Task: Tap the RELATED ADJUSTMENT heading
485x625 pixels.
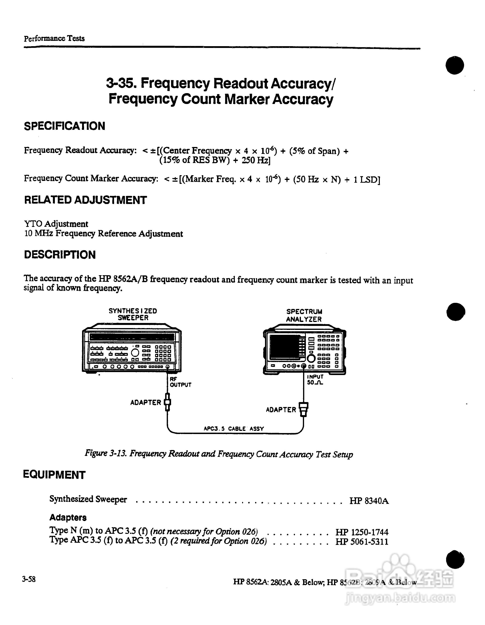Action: click(x=85, y=200)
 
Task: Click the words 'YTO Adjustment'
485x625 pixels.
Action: click(x=56, y=224)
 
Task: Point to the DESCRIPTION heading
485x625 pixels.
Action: click(x=60, y=255)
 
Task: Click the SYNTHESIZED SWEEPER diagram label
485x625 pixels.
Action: click(x=133, y=314)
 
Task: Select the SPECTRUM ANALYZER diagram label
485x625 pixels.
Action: click(x=304, y=315)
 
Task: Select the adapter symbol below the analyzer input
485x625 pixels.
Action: click(x=304, y=409)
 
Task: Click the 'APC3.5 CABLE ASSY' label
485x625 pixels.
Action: click(x=233, y=429)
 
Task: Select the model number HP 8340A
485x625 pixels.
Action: click(x=369, y=501)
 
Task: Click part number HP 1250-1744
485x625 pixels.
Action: click(x=362, y=532)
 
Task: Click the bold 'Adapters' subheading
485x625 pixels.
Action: click(x=68, y=517)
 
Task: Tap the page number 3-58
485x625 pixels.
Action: click(x=29, y=579)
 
